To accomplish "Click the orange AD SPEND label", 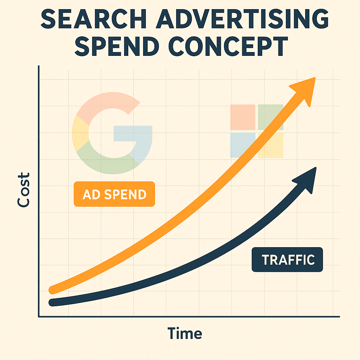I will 114,194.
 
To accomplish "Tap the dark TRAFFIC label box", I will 287,260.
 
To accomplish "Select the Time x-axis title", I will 185,333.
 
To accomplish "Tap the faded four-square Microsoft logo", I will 257,131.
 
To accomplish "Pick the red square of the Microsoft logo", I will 243,117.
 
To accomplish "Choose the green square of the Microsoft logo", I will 270,117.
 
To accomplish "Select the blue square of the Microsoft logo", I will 243,144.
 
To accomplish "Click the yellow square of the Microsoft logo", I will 270,144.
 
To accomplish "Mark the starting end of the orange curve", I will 53,290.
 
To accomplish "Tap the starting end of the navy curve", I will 53,302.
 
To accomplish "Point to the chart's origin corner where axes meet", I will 39,316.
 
